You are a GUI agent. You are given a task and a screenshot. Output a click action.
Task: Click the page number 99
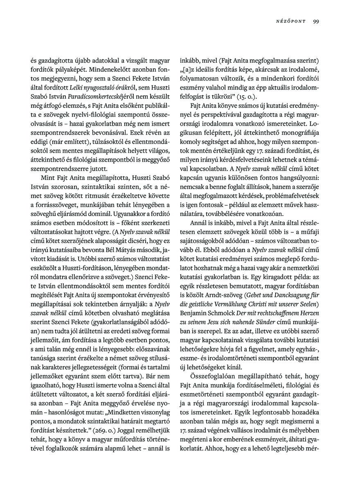tap(316, 22)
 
